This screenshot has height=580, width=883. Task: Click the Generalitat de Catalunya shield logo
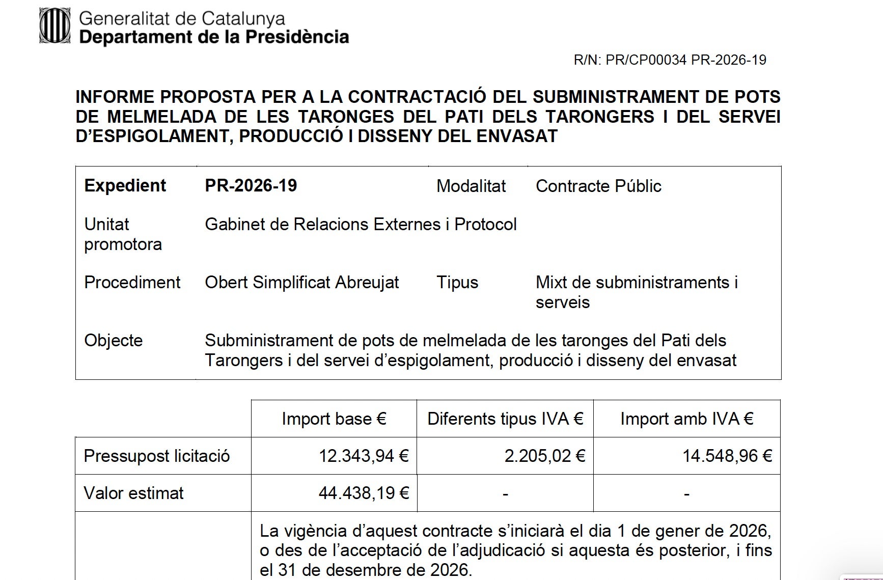point(54,26)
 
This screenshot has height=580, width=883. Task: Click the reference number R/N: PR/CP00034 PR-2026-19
point(670,60)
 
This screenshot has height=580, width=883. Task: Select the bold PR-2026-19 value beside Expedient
point(251,185)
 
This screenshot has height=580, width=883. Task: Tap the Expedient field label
point(125,185)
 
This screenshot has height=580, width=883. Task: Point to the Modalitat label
point(471,186)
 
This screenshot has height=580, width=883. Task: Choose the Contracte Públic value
point(598,186)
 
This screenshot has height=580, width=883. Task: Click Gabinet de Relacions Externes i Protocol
point(361,224)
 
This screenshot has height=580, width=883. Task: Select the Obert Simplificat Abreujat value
point(301,282)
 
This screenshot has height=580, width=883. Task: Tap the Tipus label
point(457,282)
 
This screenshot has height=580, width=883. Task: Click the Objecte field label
point(113,340)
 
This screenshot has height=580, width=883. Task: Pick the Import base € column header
point(334,419)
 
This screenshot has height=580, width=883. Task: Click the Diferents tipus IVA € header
point(505,419)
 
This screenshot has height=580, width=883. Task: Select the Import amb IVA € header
point(686,419)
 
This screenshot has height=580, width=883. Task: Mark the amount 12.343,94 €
point(364,456)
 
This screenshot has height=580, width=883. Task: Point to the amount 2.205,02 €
point(544,456)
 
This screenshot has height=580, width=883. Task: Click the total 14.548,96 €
point(727,456)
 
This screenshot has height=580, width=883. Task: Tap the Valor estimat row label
point(133,493)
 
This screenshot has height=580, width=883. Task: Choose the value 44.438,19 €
point(364,493)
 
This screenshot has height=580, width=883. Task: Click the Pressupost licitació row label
point(156,456)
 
